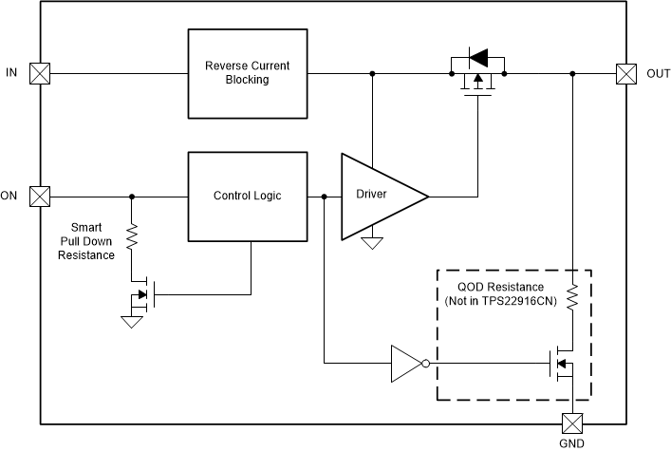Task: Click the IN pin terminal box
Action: [40, 73]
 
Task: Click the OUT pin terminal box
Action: [626, 73]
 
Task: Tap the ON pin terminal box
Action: [40, 197]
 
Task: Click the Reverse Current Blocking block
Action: [250, 73]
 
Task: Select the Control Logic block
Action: [250, 197]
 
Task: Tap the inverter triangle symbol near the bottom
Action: [406, 363]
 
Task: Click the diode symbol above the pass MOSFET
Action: [477, 59]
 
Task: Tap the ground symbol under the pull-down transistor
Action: [132, 322]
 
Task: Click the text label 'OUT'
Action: [658, 73]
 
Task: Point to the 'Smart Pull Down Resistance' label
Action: [93, 241]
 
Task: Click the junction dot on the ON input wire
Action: [132, 197]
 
